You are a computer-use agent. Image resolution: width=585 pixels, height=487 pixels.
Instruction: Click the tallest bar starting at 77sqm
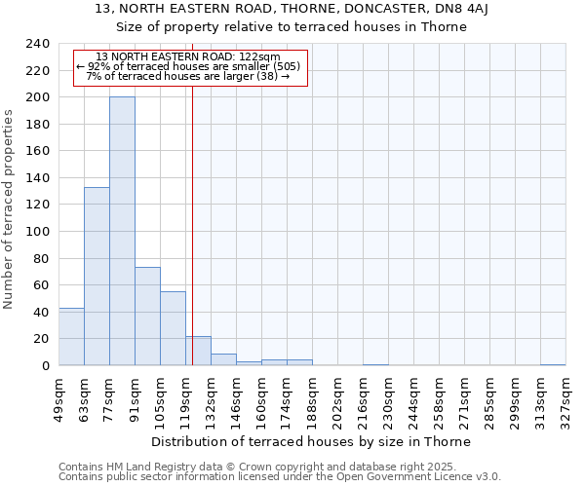coord(122,231)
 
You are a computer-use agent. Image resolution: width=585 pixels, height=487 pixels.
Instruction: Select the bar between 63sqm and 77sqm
coord(97,277)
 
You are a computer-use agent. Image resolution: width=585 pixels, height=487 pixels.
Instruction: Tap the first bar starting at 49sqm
coord(71,337)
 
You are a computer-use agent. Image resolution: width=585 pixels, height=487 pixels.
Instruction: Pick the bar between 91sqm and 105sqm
coord(147,317)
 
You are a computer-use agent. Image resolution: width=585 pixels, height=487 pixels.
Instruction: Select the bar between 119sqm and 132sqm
coord(198,351)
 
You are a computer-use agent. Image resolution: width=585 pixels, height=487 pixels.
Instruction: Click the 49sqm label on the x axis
coord(58,396)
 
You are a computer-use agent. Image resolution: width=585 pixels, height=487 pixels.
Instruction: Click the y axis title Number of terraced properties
coord(9,209)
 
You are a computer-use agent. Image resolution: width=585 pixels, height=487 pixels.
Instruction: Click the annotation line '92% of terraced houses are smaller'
coord(189,66)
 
